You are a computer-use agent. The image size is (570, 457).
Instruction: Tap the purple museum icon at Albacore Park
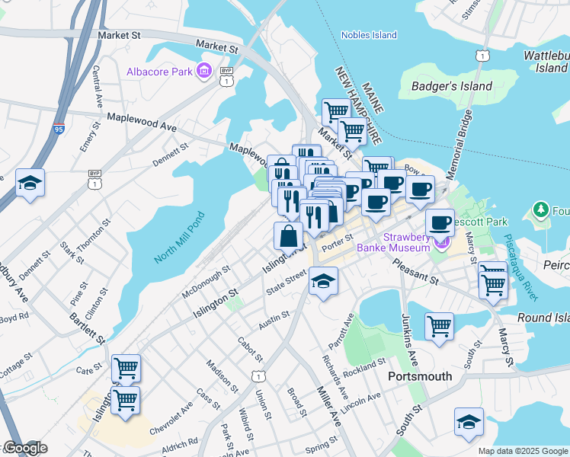203,72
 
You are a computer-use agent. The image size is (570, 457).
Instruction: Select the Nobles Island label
369,35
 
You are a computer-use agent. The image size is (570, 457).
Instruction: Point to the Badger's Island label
452,86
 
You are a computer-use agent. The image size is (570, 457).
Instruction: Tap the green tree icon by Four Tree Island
541,209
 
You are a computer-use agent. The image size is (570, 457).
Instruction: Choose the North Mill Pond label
180,237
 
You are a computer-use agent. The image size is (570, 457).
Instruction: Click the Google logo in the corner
24,448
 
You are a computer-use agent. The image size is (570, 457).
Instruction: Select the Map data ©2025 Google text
522,451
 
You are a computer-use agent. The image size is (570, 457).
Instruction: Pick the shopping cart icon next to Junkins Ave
439,327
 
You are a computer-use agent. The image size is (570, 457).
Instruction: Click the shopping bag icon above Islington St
290,235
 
